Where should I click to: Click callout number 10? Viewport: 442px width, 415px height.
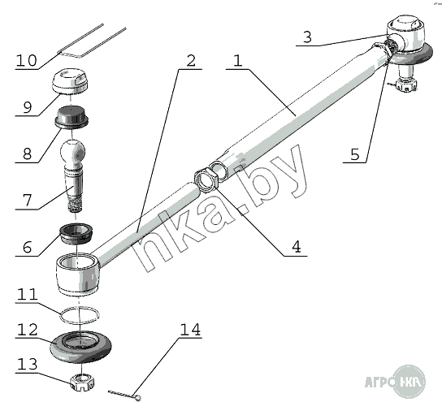point(27,61)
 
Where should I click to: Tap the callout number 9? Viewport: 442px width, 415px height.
point(28,107)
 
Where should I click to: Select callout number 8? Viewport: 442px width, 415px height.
point(28,153)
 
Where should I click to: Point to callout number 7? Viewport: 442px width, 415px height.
point(28,201)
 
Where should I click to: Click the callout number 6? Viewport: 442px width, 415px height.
point(28,247)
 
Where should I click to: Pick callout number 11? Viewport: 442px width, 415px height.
point(28,294)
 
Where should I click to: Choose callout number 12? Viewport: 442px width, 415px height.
point(28,330)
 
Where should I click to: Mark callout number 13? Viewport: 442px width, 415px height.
point(28,364)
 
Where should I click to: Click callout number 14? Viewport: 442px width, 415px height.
point(190,330)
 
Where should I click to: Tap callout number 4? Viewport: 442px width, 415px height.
point(297,247)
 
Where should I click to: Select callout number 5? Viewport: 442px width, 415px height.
point(355,154)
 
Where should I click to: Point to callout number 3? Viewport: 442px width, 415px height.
point(308,37)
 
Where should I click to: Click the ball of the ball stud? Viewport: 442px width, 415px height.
point(72,152)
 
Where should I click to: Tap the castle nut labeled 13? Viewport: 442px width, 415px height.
point(82,383)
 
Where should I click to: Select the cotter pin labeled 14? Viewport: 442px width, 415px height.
point(124,395)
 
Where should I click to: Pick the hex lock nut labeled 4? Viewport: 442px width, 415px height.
point(206,179)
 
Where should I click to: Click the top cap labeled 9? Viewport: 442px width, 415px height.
point(70,81)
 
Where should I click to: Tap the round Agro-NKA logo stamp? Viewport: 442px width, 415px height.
point(409,382)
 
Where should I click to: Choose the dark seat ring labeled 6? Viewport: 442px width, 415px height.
point(76,233)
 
